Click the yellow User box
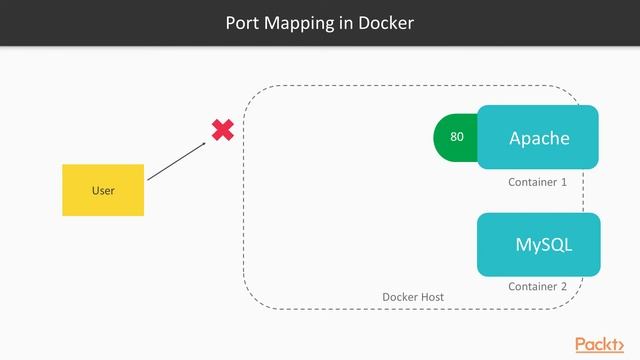click(103, 190)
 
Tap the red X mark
click(222, 130)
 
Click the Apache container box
click(538, 138)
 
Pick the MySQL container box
click(538, 245)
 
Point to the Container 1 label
click(537, 183)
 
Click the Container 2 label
click(537, 286)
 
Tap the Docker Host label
click(413, 298)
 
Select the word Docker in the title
click(387, 22)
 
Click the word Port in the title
click(244, 22)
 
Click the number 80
click(457, 137)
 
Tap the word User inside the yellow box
click(103, 190)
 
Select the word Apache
click(539, 138)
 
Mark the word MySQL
click(544, 245)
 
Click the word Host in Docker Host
click(432, 298)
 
